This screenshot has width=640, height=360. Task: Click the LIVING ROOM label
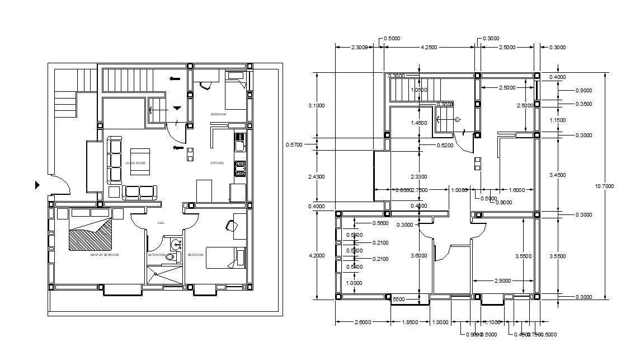pyautogui.click(x=135, y=163)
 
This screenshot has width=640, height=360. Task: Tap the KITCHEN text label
pyautogui.click(x=217, y=163)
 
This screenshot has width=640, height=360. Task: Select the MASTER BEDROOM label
pyautogui.click(x=105, y=255)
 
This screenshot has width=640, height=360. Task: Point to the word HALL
pyautogui.click(x=161, y=223)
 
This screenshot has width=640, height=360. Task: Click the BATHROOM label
pyautogui.click(x=156, y=255)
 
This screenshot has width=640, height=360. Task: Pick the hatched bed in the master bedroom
pyautogui.click(x=90, y=235)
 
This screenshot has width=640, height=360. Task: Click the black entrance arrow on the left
pyautogui.click(x=37, y=185)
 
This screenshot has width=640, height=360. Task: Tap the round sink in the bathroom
pyautogui.click(x=177, y=244)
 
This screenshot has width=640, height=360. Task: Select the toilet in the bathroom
pyautogui.click(x=173, y=257)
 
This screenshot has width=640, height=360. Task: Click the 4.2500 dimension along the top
pyautogui.click(x=429, y=48)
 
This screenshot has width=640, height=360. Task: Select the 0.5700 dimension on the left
pyautogui.click(x=294, y=144)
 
